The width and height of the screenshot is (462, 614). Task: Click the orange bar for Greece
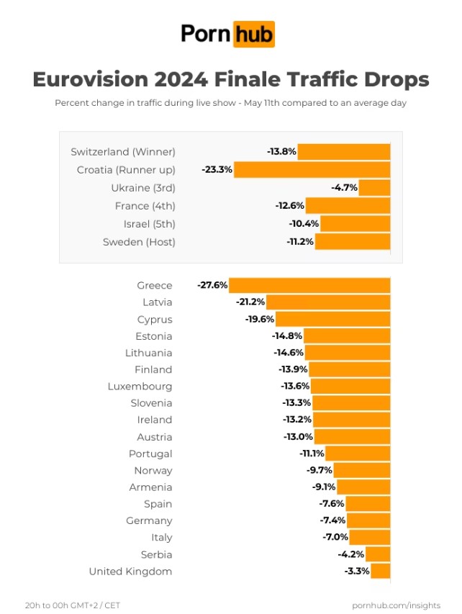(x=310, y=286)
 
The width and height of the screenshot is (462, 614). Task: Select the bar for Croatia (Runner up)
(x=312, y=170)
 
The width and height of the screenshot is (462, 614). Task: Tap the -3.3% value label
(x=357, y=572)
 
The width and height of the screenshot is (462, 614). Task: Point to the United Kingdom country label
(x=130, y=572)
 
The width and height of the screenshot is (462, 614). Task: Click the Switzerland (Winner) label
(x=123, y=152)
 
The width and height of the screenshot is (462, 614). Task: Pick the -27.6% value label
(x=212, y=286)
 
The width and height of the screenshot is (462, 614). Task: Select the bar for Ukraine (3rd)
(x=374, y=188)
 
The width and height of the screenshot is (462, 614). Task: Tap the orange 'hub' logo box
(x=253, y=34)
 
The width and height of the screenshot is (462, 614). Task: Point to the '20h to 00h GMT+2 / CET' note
(x=73, y=605)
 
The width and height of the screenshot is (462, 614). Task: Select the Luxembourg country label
(x=140, y=387)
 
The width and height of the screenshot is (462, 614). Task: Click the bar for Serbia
(x=378, y=554)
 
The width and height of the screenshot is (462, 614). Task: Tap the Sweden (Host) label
(x=139, y=242)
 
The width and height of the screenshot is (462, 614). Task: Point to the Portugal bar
(x=358, y=453)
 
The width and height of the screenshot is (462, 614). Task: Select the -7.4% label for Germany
(x=332, y=521)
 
